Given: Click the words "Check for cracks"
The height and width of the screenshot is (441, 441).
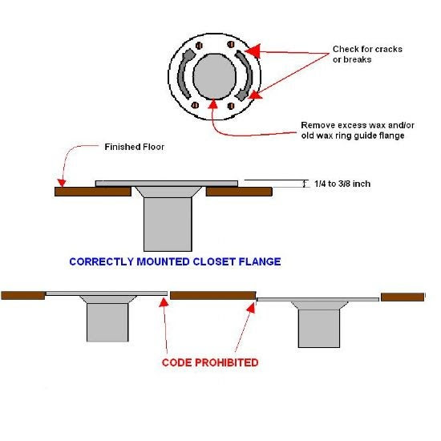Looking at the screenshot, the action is [367, 49].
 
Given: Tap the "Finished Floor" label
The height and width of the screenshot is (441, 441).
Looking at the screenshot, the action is [134, 147].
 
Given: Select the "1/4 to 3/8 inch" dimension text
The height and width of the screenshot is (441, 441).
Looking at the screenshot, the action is [342, 184].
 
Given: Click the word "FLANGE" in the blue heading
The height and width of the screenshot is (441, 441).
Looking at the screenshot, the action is [260, 261].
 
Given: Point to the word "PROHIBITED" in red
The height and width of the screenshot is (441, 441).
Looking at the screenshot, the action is [226, 362].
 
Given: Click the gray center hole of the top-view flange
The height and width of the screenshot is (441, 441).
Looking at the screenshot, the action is [215, 76].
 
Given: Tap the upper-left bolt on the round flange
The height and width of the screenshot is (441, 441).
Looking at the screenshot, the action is [199, 46].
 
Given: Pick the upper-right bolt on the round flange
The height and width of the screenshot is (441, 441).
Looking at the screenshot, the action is [231, 44].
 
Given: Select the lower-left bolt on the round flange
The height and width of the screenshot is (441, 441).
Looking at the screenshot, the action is [195, 105].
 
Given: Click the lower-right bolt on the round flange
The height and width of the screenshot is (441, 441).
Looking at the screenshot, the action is [231, 106].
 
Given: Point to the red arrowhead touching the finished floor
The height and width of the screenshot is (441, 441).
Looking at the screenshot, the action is [62, 183].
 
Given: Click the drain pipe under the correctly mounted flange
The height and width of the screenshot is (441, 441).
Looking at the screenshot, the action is [168, 225].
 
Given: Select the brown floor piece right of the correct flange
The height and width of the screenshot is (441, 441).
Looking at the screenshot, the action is [239, 192].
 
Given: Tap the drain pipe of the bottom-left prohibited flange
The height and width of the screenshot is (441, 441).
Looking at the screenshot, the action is [107, 322].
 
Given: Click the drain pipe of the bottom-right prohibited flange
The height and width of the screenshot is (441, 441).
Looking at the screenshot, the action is [319, 329].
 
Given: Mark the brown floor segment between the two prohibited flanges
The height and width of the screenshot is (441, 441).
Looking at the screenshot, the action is [213, 296].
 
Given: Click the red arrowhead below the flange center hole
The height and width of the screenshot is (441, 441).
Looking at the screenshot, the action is [213, 103].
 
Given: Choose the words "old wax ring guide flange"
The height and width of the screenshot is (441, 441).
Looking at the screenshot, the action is [353, 136].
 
